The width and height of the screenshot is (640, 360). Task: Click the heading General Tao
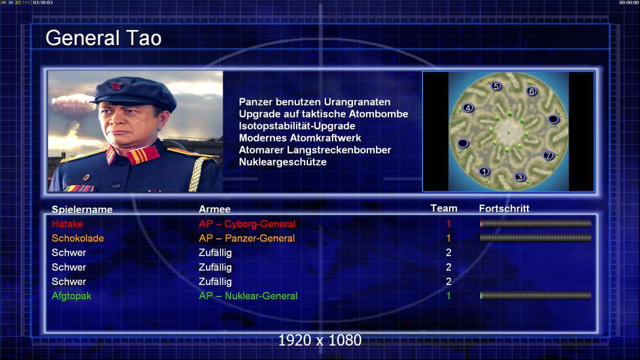click(x=103, y=38)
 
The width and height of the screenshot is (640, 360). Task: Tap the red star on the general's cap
click(x=116, y=86)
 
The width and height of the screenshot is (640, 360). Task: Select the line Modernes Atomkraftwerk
click(x=300, y=138)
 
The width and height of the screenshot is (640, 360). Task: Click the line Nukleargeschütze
click(x=282, y=162)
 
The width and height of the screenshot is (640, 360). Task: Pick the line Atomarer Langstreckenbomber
click(x=315, y=150)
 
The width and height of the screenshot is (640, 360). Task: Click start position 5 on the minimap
click(x=496, y=86)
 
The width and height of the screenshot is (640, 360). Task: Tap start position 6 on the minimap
click(x=531, y=91)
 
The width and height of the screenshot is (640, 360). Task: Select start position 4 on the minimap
click(x=468, y=108)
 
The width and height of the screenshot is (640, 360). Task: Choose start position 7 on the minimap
click(x=548, y=155)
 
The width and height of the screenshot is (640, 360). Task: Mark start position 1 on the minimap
click(x=484, y=172)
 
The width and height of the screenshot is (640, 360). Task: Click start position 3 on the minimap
click(x=519, y=177)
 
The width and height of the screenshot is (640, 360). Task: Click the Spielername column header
click(x=82, y=209)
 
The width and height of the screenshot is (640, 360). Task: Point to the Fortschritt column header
click(x=504, y=208)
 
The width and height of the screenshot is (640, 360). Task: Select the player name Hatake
click(x=67, y=224)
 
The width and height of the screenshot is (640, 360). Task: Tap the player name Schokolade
click(x=77, y=238)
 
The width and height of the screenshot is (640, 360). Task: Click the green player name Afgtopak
click(x=71, y=296)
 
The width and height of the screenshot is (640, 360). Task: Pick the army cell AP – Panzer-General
click(x=247, y=238)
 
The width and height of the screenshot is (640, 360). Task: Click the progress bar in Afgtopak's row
click(x=536, y=296)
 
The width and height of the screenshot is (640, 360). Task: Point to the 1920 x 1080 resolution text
click(x=320, y=340)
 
